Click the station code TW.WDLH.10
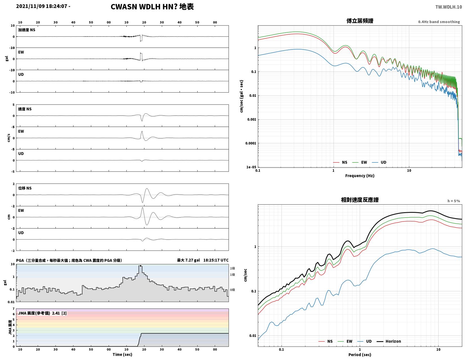coord(448,7)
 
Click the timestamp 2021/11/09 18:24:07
coord(41,6)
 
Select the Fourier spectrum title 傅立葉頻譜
coord(359,21)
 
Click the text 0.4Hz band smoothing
coord(439,22)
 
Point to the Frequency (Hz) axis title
coord(359,175)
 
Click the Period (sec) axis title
coord(359,354)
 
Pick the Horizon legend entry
coord(388,341)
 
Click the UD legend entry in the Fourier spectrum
coord(379,162)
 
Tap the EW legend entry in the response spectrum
coord(345,341)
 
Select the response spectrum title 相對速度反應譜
coord(359,200)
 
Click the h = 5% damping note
coord(453,201)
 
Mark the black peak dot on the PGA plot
coord(140,266)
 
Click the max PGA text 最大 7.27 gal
coord(188,260)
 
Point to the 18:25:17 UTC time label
coord(216,260)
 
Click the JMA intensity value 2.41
coord(56,313)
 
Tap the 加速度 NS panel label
coord(26,30)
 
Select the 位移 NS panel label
coord(25,188)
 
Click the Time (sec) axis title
coord(122,354)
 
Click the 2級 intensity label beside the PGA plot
coord(232,268)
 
